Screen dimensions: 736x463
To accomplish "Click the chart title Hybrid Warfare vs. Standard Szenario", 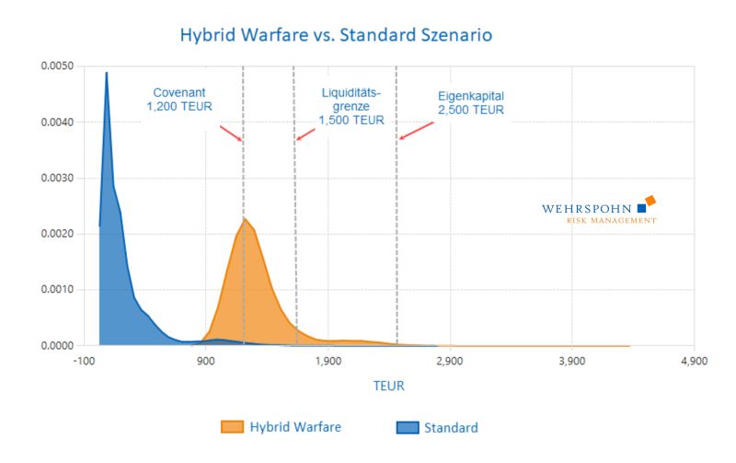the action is (x=336, y=35).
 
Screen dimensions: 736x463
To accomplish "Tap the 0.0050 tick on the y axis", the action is (x=57, y=65).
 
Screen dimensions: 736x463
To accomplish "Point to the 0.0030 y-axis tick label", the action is (x=57, y=178).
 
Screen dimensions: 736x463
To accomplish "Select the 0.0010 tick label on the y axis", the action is (x=57, y=289).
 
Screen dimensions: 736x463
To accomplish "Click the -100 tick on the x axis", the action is (x=83, y=361).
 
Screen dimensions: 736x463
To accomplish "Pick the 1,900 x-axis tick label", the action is (x=328, y=361).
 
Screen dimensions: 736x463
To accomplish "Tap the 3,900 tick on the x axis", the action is (x=572, y=361).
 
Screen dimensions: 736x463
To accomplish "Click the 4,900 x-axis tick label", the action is (x=695, y=361).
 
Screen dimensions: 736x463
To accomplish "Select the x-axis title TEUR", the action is (x=388, y=386).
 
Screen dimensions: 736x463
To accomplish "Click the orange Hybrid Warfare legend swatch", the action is (x=233, y=427).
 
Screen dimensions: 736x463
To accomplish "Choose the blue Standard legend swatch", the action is (x=408, y=428).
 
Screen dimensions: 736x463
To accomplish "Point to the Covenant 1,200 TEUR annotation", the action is (x=179, y=99).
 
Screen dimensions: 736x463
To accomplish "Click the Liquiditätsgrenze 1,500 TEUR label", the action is (x=351, y=107).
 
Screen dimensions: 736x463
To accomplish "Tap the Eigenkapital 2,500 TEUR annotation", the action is (x=471, y=103).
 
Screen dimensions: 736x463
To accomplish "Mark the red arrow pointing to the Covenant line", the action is (x=231, y=133).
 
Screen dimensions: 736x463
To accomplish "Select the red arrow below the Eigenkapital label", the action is (x=417, y=131).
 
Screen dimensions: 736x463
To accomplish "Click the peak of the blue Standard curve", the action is (x=107, y=73).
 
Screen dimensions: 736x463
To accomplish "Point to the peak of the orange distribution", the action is (x=244, y=219).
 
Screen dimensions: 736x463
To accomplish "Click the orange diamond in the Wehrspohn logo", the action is (x=650, y=201).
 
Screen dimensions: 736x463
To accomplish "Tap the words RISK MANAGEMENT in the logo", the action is (x=612, y=221).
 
